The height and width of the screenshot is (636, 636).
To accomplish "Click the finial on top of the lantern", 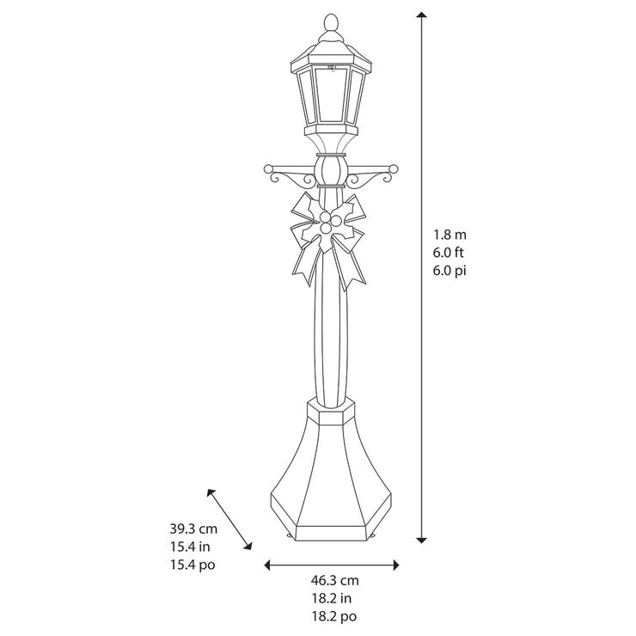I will tap(330, 20).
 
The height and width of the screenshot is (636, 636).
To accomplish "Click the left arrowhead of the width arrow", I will tap(268, 565).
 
